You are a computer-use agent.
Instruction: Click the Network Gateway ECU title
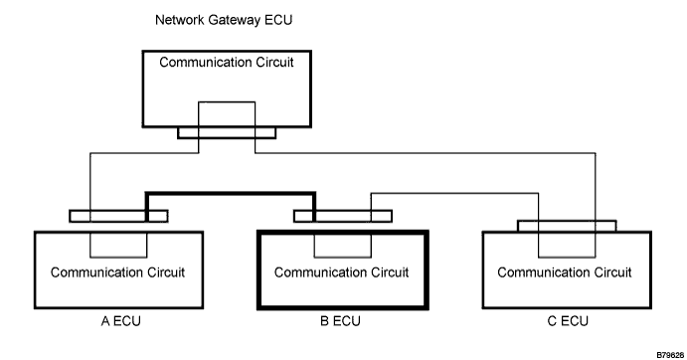click(x=224, y=20)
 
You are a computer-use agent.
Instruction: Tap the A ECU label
click(x=121, y=321)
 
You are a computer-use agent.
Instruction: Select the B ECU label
click(x=340, y=321)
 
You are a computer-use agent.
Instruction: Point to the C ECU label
click(x=568, y=321)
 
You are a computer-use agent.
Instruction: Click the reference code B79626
click(x=670, y=355)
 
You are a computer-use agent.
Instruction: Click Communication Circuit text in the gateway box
click(x=227, y=63)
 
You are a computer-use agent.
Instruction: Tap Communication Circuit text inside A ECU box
click(x=118, y=272)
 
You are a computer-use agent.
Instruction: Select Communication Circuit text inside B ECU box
click(x=342, y=272)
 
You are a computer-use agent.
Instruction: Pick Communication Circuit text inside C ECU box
click(x=565, y=272)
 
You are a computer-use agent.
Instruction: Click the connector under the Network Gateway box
click(x=227, y=133)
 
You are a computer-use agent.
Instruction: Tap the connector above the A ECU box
click(x=118, y=216)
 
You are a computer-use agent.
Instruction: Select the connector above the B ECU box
click(x=343, y=216)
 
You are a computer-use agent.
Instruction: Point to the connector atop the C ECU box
click(x=567, y=226)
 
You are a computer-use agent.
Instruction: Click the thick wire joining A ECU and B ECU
click(x=231, y=193)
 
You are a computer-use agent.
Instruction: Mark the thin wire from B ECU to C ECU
click(x=454, y=193)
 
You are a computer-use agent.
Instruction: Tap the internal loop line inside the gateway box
click(x=227, y=102)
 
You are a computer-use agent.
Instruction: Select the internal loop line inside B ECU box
click(x=343, y=257)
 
